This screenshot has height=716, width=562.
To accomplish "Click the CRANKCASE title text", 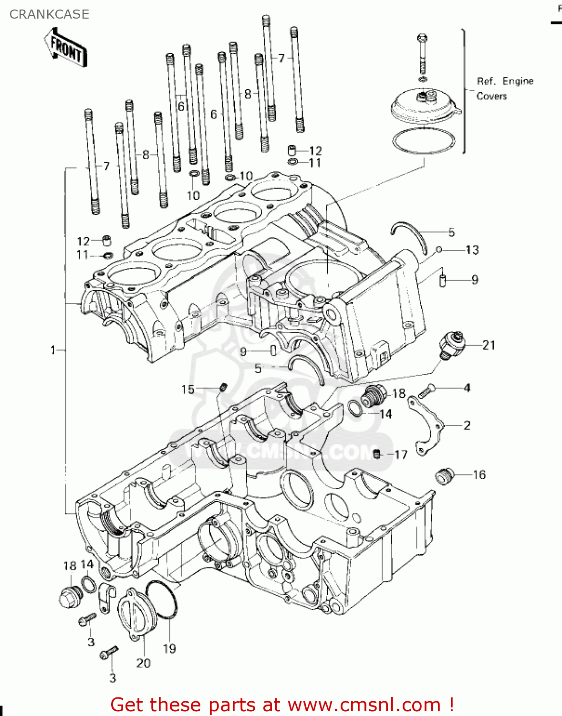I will point(49,14).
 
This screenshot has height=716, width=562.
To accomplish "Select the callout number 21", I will point(489,345).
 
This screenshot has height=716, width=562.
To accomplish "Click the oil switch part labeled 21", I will point(451,345).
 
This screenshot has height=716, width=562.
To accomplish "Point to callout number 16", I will point(479,474).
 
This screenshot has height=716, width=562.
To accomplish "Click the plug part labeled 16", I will point(444,476).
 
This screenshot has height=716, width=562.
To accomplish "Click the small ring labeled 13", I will point(439,250).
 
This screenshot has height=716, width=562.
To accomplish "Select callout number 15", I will point(188,390).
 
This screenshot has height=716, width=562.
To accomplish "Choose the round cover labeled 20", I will point(137,612).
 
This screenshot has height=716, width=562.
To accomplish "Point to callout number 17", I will point(401,455).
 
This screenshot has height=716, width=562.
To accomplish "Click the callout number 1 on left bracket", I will point(53,350).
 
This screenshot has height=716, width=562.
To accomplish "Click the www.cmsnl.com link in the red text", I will point(364,705).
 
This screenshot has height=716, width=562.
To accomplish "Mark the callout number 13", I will point(472,250).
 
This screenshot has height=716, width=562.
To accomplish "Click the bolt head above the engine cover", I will point(422,38).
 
